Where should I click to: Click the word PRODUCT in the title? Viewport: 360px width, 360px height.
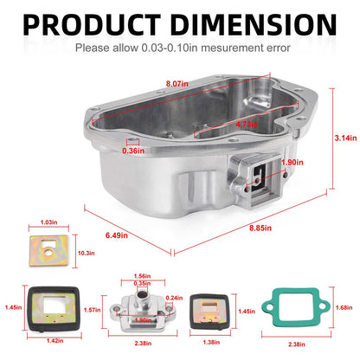tap(92, 24)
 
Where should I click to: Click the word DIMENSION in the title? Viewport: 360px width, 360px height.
tap(254, 24)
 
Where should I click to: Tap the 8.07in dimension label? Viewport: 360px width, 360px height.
tap(177, 84)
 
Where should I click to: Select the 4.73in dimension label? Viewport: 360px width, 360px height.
tap(247, 125)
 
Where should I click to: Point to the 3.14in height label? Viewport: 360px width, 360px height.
tap(345, 138)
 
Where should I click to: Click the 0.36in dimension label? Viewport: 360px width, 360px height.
tap(133, 151)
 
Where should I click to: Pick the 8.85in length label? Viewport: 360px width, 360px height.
tap(260, 228)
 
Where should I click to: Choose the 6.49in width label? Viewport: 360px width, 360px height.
tap(117, 235)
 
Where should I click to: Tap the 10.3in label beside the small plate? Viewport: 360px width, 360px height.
tap(87, 254)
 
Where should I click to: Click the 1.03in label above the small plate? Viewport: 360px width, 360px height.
tap(48, 222)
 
